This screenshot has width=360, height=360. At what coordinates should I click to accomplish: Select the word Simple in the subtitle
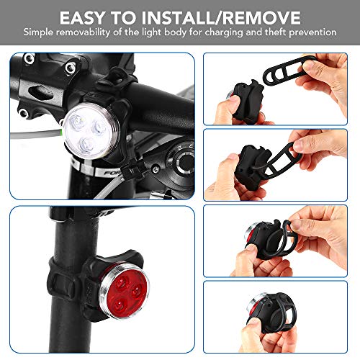pyautogui.click(x=40, y=32)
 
